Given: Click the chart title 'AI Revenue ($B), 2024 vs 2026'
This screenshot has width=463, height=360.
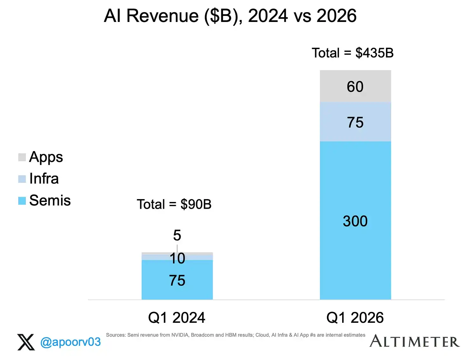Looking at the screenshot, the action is pyautogui.click(x=230, y=16).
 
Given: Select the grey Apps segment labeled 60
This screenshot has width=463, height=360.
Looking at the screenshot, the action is pyautogui.click(x=355, y=86).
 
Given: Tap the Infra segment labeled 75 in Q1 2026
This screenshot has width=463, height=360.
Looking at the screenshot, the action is pyautogui.click(x=355, y=121).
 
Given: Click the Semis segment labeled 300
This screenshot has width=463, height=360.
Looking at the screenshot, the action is pyautogui.click(x=355, y=220).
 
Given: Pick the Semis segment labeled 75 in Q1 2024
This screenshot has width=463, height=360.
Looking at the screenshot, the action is pyautogui.click(x=177, y=280).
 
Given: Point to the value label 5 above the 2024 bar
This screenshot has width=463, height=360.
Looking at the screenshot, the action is pyautogui.click(x=177, y=235).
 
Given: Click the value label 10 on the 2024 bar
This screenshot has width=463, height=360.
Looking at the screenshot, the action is pyautogui.click(x=177, y=258).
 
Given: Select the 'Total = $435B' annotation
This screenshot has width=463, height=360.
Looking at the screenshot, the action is pyautogui.click(x=352, y=53).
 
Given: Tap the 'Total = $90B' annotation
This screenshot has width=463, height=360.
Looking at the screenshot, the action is pyautogui.click(x=174, y=204).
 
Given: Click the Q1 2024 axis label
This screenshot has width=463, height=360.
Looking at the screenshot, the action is pyautogui.click(x=176, y=317).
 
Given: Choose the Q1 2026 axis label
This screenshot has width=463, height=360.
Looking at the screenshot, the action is pyautogui.click(x=355, y=317).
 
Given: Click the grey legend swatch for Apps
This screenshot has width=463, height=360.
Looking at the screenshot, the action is pyautogui.click(x=22, y=157).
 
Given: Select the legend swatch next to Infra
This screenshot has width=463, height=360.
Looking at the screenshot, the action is pyautogui.click(x=22, y=179).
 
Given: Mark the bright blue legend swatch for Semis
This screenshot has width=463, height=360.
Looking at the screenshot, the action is pyautogui.click(x=22, y=201).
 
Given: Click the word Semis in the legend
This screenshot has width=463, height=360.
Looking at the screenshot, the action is pyautogui.click(x=50, y=200).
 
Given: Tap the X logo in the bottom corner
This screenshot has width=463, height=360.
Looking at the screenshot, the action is pyautogui.click(x=26, y=342).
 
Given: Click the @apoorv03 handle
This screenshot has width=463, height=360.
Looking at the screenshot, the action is pyautogui.click(x=70, y=342).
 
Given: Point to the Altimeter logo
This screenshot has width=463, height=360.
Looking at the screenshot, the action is pyautogui.click(x=414, y=341).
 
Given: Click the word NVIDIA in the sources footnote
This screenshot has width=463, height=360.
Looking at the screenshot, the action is pyautogui.click(x=180, y=335).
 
